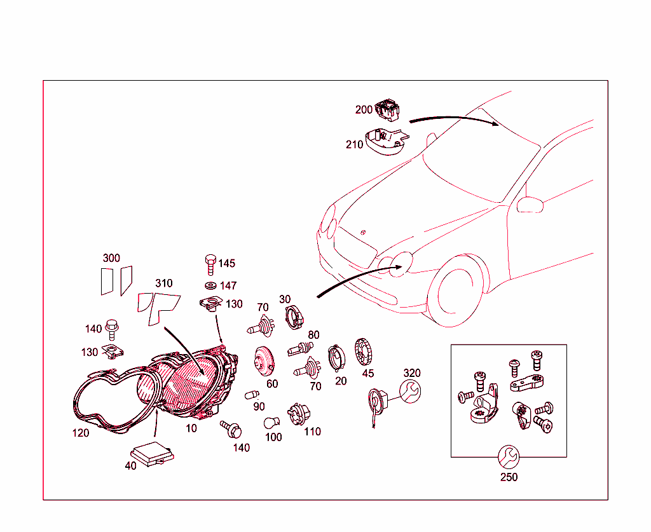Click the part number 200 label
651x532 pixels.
[364, 109]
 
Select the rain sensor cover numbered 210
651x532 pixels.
[386, 142]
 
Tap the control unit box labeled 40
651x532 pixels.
[153, 454]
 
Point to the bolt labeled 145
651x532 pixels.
[210, 265]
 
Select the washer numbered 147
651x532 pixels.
[211, 286]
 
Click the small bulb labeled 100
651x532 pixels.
[271, 423]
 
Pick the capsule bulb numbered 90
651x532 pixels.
[252, 395]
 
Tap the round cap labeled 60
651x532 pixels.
[264, 361]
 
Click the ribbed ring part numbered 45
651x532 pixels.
[363, 352]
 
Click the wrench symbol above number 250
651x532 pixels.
[509, 457]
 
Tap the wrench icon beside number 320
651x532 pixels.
[410, 392]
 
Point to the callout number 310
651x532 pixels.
[163, 283]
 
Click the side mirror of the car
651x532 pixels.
[530, 205]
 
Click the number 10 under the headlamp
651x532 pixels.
[191, 428]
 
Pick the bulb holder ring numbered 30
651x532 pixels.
[294, 317]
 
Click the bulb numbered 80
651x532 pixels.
[300, 348]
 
